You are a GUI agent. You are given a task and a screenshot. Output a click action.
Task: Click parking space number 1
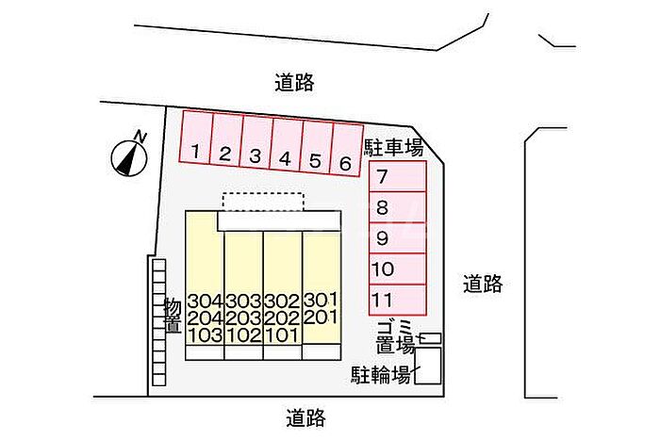coord(194,150)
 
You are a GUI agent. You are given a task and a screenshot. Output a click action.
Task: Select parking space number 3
coord(255,155)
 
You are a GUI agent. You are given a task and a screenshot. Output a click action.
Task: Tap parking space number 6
coord(345,163)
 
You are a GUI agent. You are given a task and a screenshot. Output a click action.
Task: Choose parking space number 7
coord(382,176)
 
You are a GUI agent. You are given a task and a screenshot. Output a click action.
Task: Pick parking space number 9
coord(382,238)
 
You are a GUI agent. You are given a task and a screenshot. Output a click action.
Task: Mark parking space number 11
coord(382,300)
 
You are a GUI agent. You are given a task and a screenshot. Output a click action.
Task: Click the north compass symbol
coord(129,155)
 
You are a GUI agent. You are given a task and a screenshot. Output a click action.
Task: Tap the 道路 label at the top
coord(294,83)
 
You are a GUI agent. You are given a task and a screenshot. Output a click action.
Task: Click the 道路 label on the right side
coord(483,283)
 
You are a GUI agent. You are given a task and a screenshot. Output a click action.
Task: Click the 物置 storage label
coord(173,316)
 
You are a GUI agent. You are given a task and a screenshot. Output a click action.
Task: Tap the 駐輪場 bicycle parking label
coord(381,375)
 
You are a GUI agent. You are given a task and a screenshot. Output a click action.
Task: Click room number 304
coord(205,301)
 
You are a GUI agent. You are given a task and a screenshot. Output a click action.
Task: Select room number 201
coord(321,317)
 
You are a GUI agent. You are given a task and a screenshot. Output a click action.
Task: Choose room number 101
coord(282,334)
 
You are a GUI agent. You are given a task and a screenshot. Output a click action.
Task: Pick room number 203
coord(243,317)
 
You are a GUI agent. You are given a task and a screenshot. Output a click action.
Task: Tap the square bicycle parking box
coord(427,366)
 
